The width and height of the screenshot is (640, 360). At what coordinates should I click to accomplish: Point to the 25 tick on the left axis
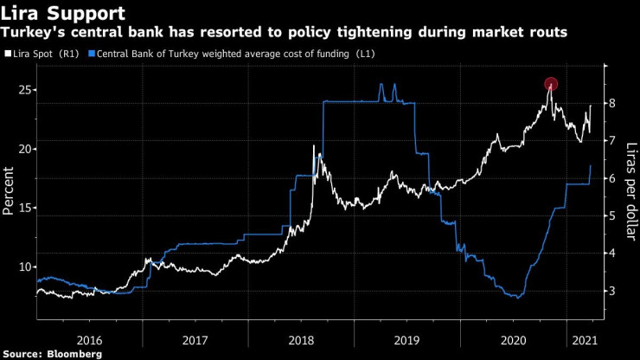(x=26, y=90)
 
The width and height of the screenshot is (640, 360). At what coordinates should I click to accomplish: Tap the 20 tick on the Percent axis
(x=26, y=149)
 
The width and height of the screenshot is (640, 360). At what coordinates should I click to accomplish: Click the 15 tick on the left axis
(x=26, y=208)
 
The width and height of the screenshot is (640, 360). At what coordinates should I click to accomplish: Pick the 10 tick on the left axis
(x=26, y=267)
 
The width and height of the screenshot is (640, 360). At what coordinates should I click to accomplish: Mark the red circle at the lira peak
(x=551, y=84)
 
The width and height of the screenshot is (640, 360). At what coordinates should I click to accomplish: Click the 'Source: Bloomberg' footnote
(x=53, y=354)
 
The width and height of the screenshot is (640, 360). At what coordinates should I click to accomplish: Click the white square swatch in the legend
(x=9, y=55)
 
